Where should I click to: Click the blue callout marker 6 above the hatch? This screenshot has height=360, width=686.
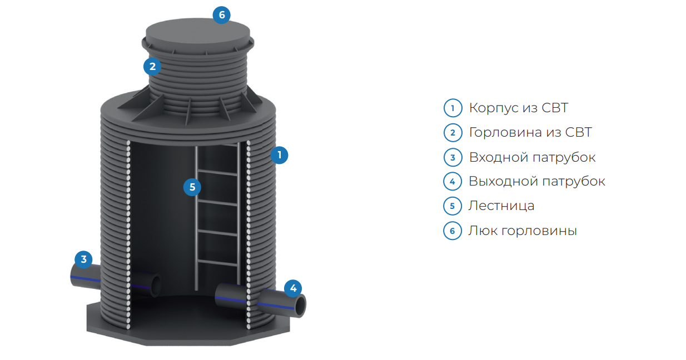tap(222, 14)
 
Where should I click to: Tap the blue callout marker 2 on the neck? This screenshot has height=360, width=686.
tap(152, 67)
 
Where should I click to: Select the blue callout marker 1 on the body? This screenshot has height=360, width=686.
tap(279, 155)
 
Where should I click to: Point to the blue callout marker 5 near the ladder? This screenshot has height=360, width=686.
tap(192, 187)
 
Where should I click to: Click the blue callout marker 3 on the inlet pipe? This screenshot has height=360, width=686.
tap(83, 259)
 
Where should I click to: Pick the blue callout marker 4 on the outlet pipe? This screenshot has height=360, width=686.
tap(293, 288)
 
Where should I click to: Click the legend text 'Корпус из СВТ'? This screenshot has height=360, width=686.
tap(519, 108)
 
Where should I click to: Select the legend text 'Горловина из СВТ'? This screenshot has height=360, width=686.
tap(530, 133)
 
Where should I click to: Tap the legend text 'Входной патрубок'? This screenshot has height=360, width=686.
tap(532, 157)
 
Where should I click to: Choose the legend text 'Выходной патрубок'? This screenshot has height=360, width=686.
tap(537, 181)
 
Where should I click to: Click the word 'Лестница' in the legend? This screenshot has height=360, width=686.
tap(501, 206)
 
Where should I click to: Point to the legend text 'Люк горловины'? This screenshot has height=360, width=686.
tap(523, 231)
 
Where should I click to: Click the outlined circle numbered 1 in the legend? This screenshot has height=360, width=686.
tap(453, 108)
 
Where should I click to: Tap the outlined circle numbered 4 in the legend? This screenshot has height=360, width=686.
tap(453, 182)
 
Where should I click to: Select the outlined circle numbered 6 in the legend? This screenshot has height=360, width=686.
tap(453, 231)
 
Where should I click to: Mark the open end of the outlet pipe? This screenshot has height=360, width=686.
tap(300, 306)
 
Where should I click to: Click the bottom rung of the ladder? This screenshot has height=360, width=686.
tap(217, 263)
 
